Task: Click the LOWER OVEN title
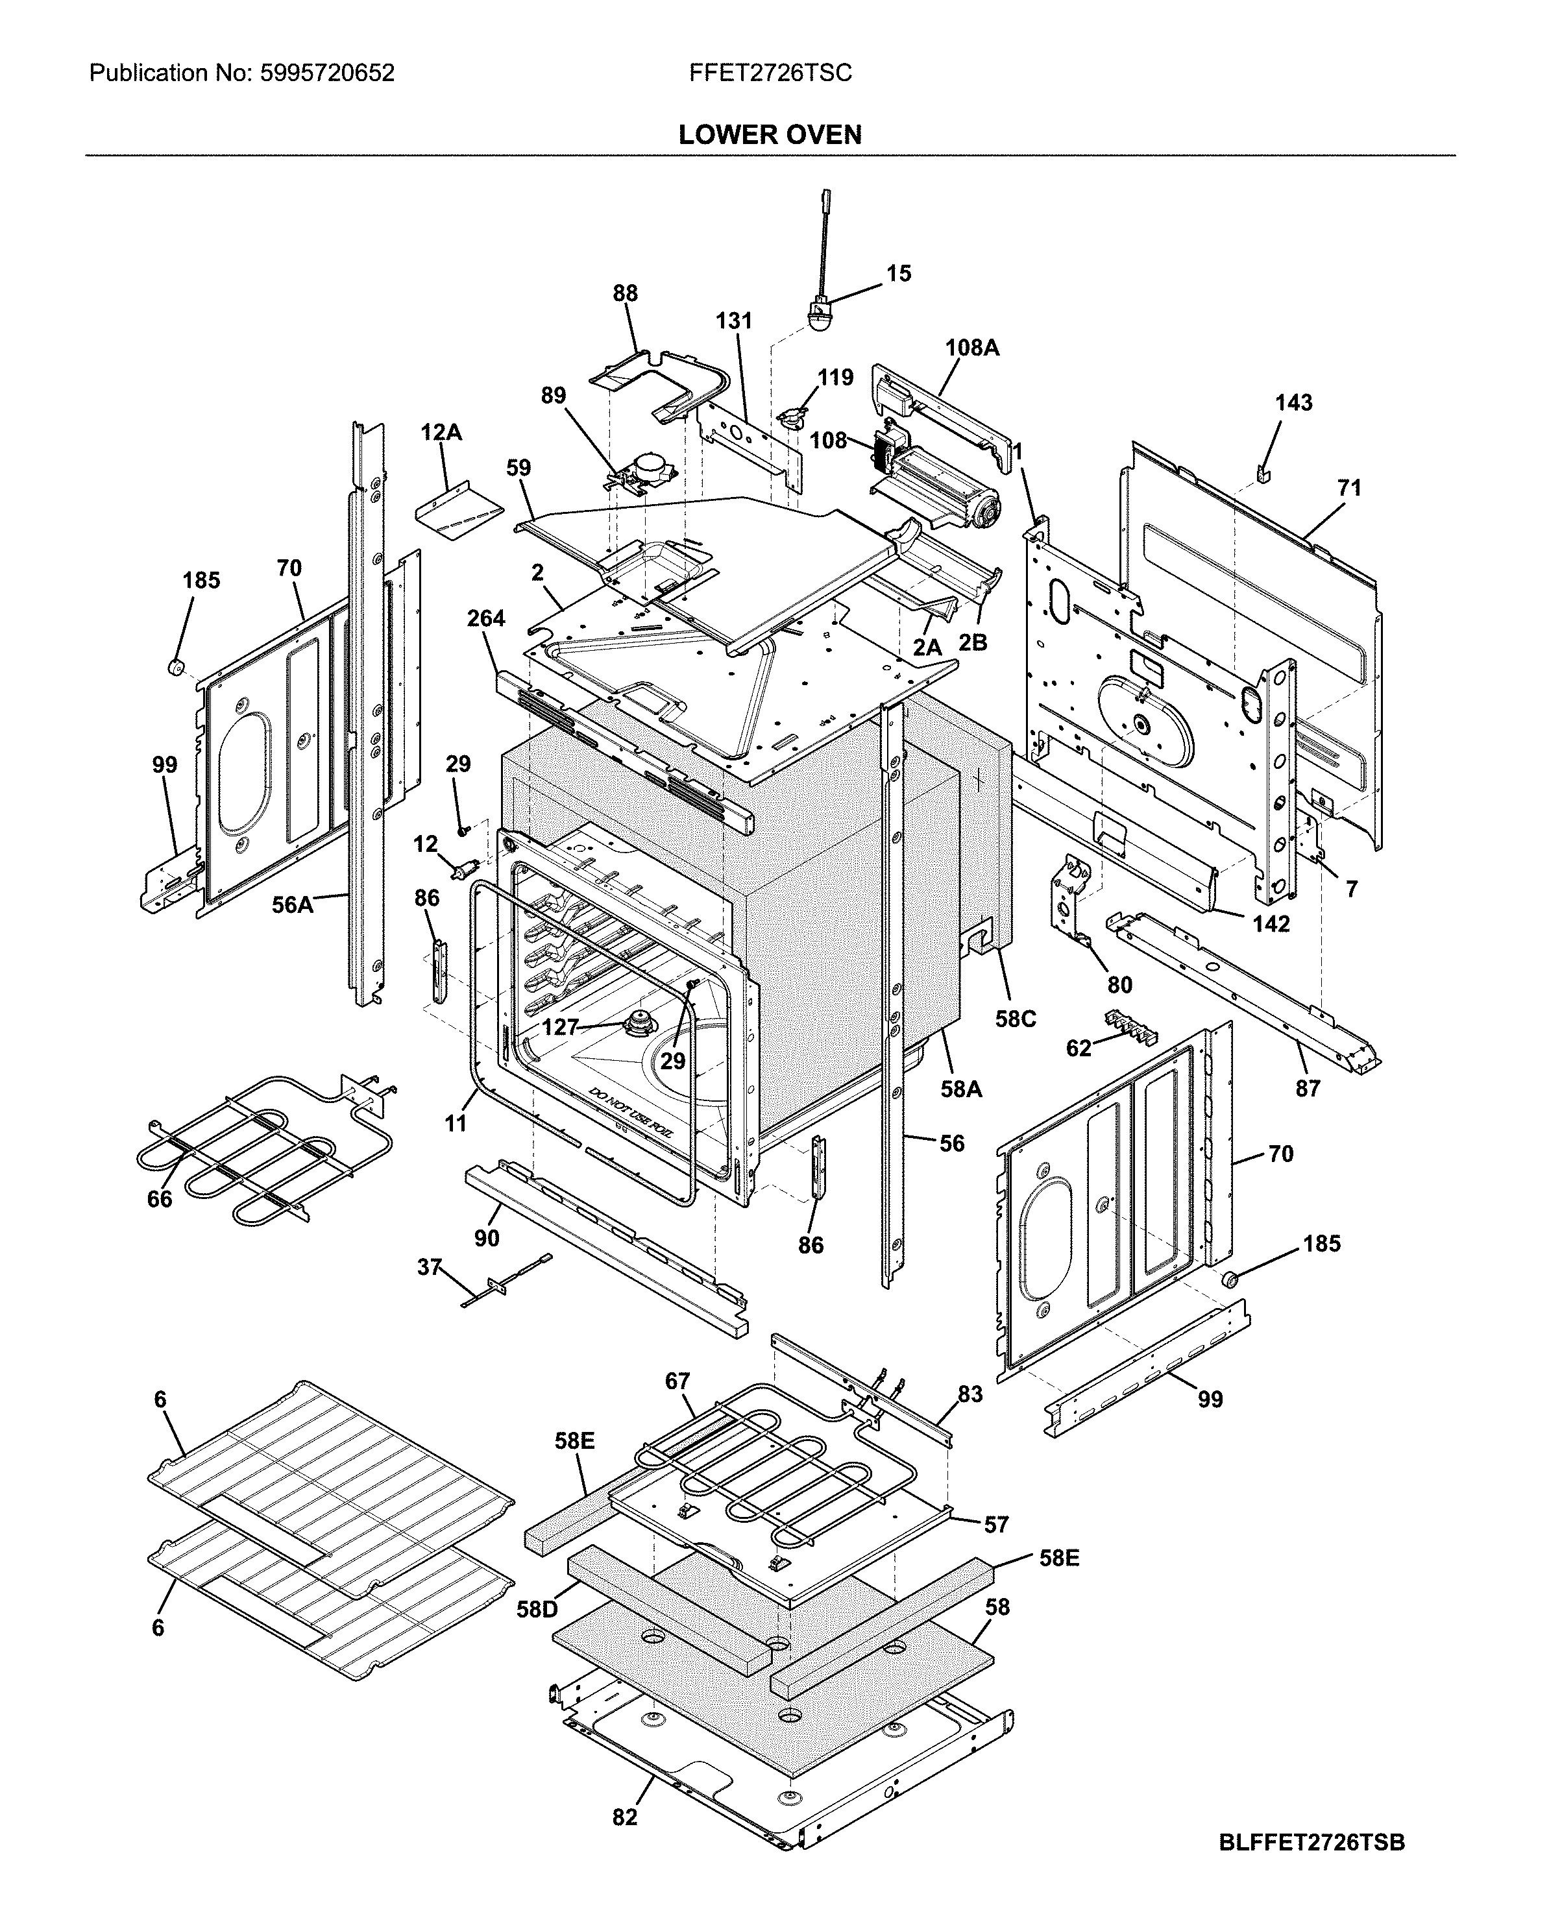click(x=770, y=135)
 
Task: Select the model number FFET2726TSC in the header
click(x=770, y=73)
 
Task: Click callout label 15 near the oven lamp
click(x=898, y=274)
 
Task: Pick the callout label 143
click(x=1293, y=403)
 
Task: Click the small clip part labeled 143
click(x=1263, y=472)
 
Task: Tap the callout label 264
click(x=486, y=618)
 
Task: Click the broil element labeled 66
click(x=268, y=1153)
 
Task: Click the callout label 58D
click(x=537, y=1610)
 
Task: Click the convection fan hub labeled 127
click(x=640, y=1023)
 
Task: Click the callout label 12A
click(x=441, y=433)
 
